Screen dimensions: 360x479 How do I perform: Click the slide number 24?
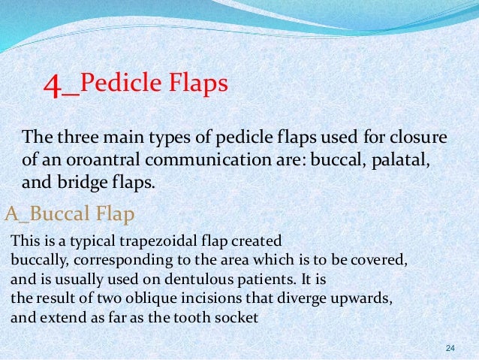point(450,347)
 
